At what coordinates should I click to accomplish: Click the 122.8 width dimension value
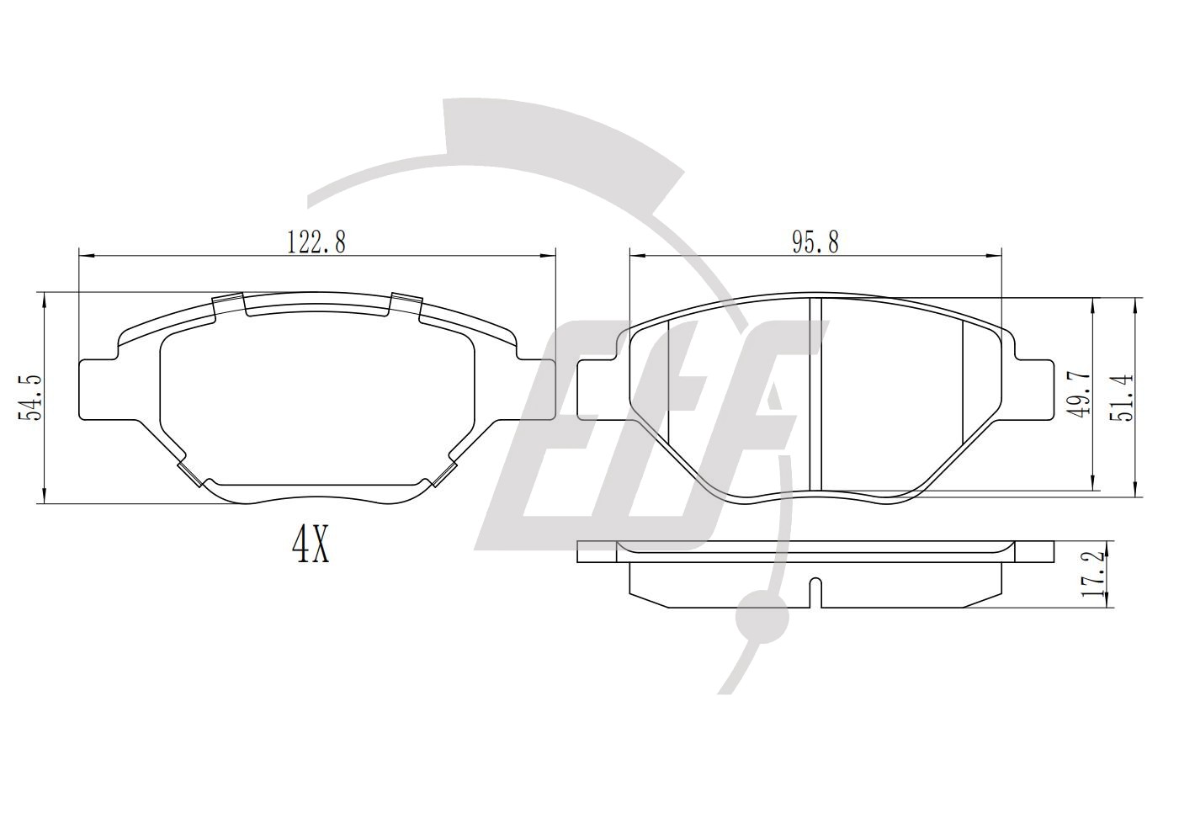[316, 242]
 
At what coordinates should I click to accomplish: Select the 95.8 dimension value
[815, 242]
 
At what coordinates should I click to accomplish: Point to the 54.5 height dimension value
[30, 398]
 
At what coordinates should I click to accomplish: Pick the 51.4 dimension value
[1121, 397]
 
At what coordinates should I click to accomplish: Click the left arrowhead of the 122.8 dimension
[86, 256]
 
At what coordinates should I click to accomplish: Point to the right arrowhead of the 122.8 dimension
[549, 256]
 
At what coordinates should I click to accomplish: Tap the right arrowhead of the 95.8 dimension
[994, 256]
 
